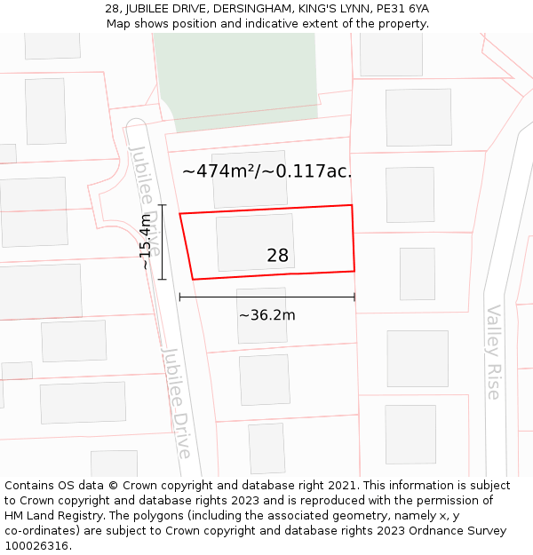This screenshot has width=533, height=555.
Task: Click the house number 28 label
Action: pos(277,256)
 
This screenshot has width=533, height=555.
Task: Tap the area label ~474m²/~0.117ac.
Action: pos(266,171)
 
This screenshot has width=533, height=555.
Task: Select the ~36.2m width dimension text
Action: pos(266,314)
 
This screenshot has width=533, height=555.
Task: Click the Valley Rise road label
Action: pos(494,352)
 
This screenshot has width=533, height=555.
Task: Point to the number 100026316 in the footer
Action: pos(38,546)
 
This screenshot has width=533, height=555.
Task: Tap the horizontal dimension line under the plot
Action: pos(266,297)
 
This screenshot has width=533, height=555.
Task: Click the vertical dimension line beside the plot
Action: pos(163,242)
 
